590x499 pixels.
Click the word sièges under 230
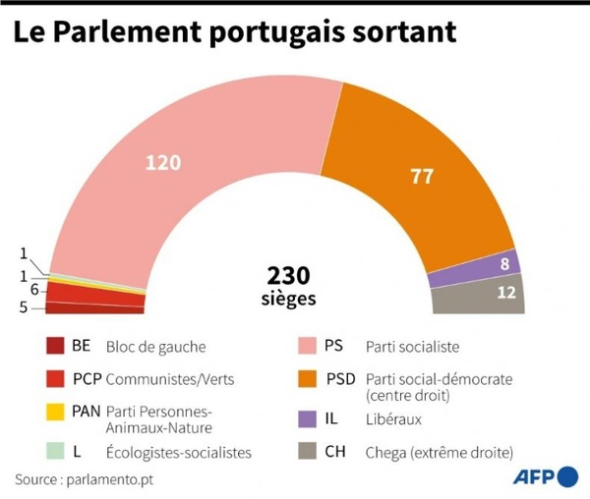[289, 298]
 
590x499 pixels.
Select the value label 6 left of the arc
[35, 290]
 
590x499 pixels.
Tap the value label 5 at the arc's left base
[35, 307]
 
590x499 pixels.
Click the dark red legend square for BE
[55, 347]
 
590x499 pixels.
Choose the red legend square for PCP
[55, 379]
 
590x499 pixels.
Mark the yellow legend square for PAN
[55, 412]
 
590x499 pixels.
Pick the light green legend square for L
[55, 452]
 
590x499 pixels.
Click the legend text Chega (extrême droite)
[439, 452]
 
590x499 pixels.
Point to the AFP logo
[545, 477]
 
